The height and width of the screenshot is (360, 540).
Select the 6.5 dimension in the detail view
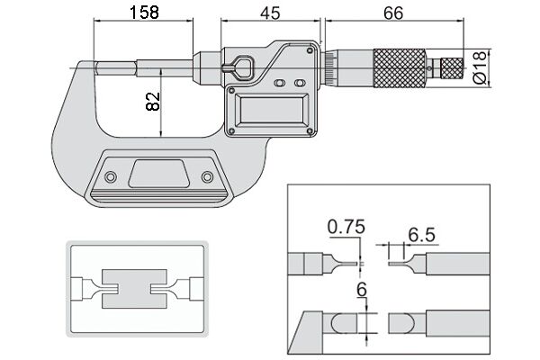[x=422, y=234]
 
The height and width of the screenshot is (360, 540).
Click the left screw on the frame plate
[x=112, y=176]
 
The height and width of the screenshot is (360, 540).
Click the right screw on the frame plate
[x=208, y=176]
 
